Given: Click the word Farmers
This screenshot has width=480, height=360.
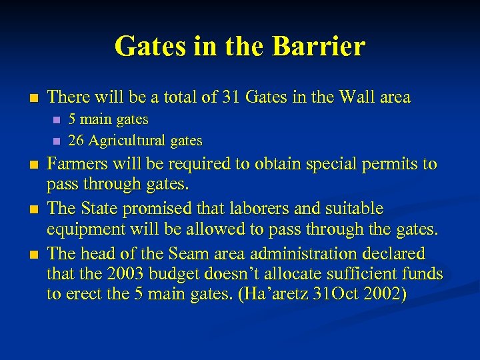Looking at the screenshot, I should (77, 164).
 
